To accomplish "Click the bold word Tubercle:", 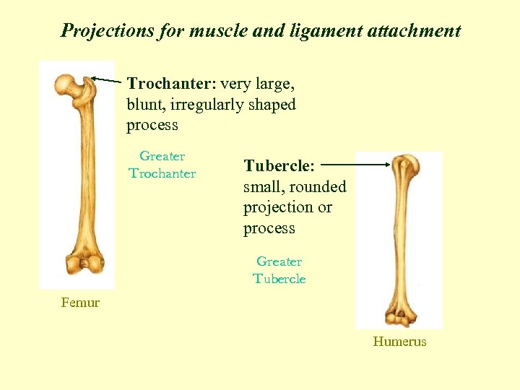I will tap(279, 166).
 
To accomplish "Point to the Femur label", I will tap(80, 303).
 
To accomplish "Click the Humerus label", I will tap(399, 342).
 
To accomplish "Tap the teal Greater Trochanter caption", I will tap(162, 165).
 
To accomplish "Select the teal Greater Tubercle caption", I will tap(279, 270).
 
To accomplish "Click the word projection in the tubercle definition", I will tap(279, 208).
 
